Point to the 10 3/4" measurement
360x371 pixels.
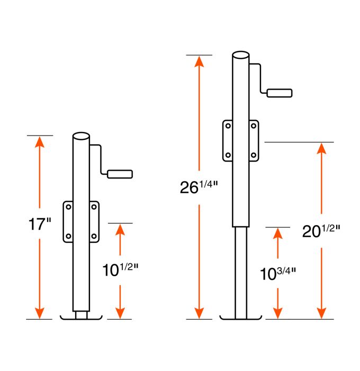(277, 273)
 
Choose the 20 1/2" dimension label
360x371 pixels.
(320, 232)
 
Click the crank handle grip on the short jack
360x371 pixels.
(120, 174)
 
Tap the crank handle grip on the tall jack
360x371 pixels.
(279, 93)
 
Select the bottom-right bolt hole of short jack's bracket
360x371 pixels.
(94, 236)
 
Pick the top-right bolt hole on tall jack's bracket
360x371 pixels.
(253, 127)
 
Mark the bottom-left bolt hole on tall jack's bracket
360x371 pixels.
(228, 155)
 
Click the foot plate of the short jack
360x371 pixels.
(82, 318)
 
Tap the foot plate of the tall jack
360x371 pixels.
(241, 318)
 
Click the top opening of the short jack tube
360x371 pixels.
(82, 136)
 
